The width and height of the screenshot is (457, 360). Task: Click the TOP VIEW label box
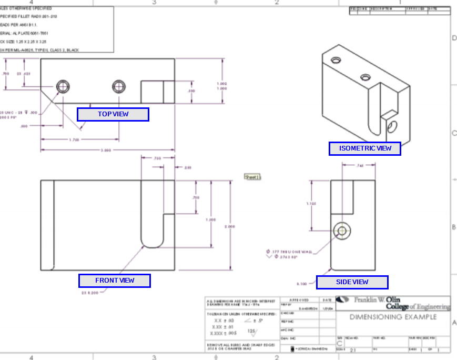point(113,114)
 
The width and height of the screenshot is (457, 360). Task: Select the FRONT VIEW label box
point(115,281)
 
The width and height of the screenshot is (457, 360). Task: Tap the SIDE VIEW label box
point(352,282)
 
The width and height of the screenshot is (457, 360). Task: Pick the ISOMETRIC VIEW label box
point(364,148)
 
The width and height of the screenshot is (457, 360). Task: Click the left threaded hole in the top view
point(64,86)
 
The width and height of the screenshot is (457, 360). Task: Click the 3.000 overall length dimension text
point(106,151)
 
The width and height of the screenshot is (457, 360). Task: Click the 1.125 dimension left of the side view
point(311,203)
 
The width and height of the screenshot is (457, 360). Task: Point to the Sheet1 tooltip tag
point(252,177)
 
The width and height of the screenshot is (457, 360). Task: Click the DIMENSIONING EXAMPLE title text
point(393,317)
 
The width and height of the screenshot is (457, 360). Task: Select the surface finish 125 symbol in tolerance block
point(252,332)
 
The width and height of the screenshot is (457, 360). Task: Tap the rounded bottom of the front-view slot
point(152,244)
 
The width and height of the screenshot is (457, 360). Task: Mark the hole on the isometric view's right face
point(392,126)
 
